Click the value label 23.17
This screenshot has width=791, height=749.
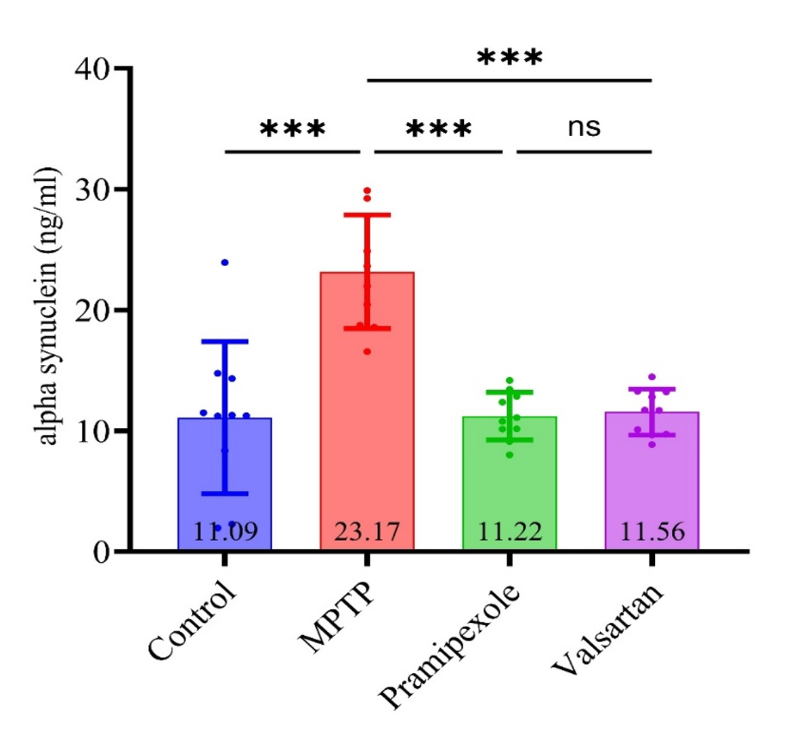tap(366, 532)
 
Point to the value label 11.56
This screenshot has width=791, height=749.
tap(652, 532)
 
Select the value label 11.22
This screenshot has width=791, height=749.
tap(510, 532)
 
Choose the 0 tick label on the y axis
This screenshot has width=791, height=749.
tap(101, 552)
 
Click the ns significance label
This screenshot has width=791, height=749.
tap(584, 127)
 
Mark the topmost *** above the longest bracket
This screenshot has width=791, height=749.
tap(509, 57)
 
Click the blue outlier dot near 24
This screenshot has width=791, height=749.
tap(225, 262)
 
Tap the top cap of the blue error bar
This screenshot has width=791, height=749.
tap(225, 341)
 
